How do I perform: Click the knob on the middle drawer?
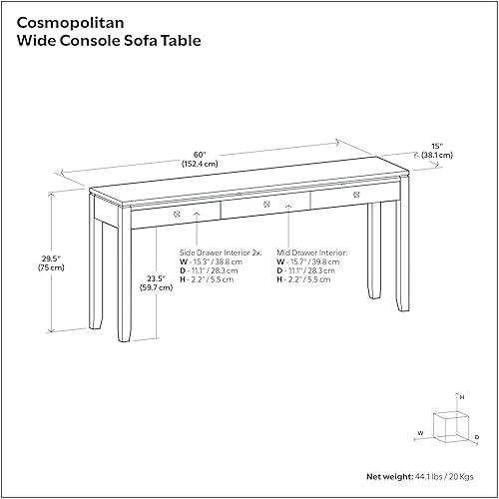[265, 206]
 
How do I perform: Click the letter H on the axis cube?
[461, 396]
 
